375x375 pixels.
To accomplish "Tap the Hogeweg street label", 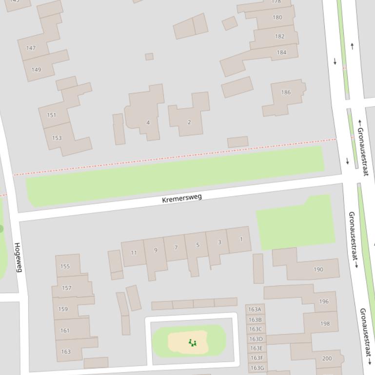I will [18, 257].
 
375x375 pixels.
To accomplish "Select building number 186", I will [286, 92].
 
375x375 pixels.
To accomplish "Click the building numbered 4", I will [148, 122].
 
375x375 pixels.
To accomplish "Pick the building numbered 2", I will [189, 122].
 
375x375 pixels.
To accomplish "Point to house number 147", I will [31, 48].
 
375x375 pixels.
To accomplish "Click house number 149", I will [36, 69].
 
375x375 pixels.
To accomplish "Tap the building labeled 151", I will [51, 115].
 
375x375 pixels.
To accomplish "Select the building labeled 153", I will [57, 138].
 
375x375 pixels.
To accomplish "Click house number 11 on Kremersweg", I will [134, 252].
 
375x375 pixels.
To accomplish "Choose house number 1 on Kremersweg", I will [241, 239].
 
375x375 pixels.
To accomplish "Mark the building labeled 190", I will [318, 269].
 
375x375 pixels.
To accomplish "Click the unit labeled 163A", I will [255, 309].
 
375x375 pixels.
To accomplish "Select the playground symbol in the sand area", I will [192, 343].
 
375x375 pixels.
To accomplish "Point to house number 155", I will [65, 266].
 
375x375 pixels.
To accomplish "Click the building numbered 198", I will [325, 323].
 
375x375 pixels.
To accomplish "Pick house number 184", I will [281, 52].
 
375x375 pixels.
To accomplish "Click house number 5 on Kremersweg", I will [197, 244].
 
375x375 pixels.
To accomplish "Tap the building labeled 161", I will [65, 330].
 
